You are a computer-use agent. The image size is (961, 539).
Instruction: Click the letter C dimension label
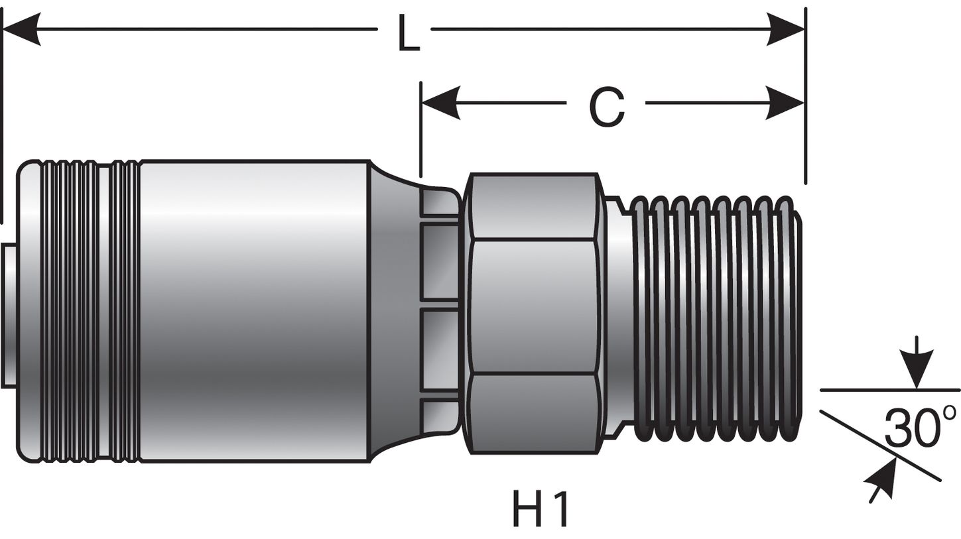pyautogui.click(x=606, y=107)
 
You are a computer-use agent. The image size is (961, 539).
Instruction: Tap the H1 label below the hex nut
pyautogui.click(x=540, y=509)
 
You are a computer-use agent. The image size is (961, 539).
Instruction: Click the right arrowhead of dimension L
pyautogui.click(x=787, y=29)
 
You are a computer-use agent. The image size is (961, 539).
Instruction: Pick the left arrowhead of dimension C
pyautogui.click(x=440, y=103)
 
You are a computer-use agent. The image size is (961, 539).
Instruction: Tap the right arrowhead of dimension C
pyautogui.click(x=787, y=103)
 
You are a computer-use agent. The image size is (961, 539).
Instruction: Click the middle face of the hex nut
pyautogui.click(x=534, y=306)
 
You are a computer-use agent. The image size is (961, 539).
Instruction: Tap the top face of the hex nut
pyautogui.click(x=534, y=206)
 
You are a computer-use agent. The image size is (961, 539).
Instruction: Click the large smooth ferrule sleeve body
pyautogui.click(x=253, y=310)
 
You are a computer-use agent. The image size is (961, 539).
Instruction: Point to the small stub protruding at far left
pyautogui.click(x=9, y=315)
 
